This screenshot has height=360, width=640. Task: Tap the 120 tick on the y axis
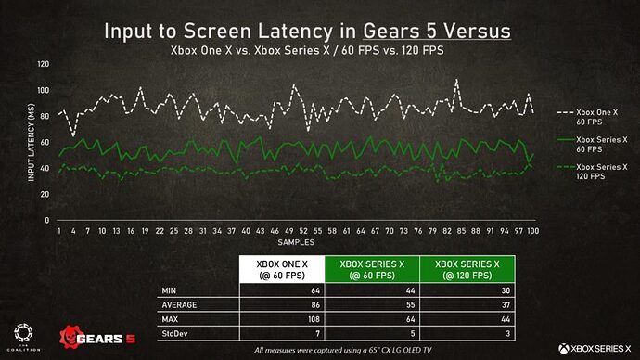[44, 64]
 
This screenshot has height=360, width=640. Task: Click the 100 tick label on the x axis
[533, 230]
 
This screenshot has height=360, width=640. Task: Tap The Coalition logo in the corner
[24, 334]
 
